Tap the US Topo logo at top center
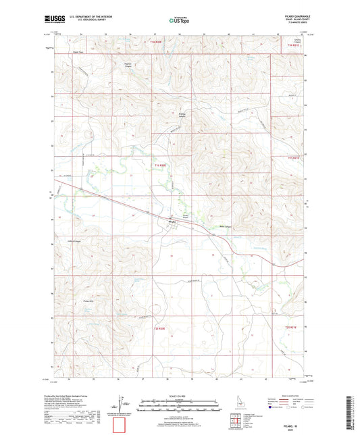(x=179, y=20)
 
